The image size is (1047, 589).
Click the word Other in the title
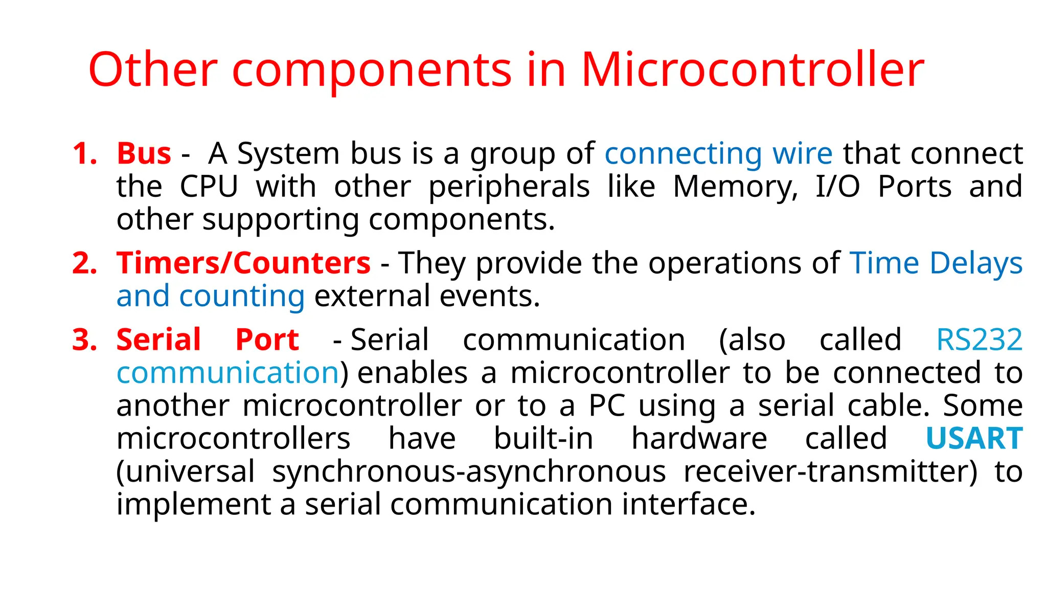(153, 70)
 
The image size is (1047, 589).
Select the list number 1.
(85, 153)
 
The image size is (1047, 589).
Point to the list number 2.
(85, 263)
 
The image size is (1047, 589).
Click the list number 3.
(85, 340)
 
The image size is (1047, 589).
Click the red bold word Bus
(144, 153)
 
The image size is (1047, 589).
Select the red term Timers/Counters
(243, 263)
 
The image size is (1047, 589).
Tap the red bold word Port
(267, 340)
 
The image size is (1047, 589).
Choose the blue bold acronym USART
(974, 439)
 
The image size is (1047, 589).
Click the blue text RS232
(979, 340)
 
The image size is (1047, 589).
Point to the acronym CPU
(209, 187)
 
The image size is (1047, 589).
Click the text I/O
(837, 187)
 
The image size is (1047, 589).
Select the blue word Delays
(976, 263)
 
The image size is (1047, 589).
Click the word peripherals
(509, 187)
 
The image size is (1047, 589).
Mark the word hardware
(699, 439)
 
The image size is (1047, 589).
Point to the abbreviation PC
(607, 406)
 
